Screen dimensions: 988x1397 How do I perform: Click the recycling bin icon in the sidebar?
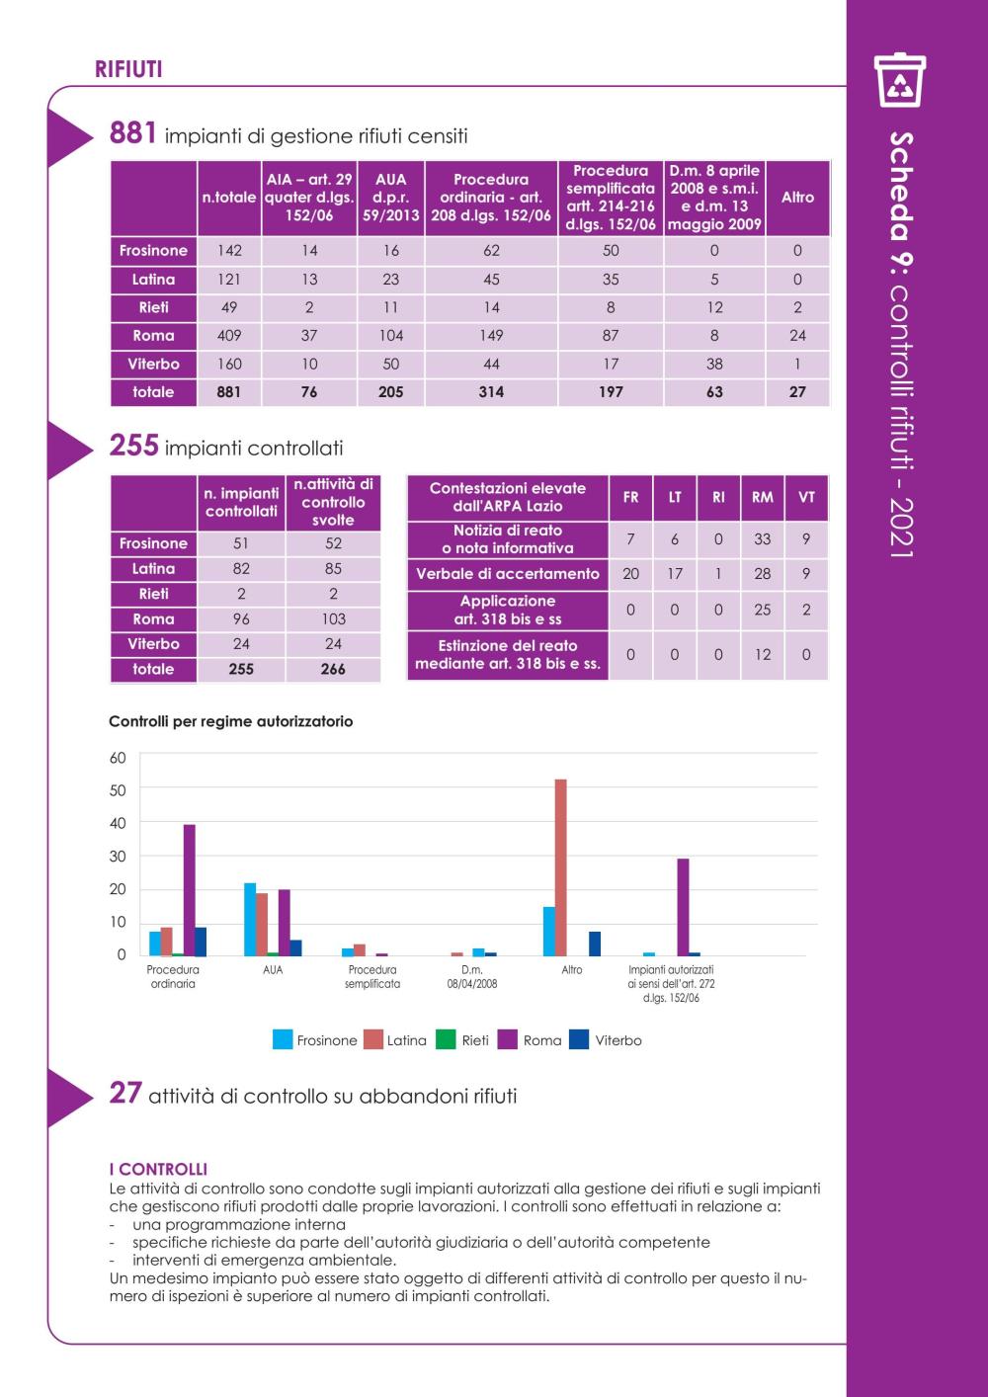(899, 80)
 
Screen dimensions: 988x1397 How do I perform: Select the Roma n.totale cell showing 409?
(229, 336)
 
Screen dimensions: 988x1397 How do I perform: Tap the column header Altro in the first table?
(797, 198)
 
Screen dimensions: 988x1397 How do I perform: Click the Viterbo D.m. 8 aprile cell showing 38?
(714, 365)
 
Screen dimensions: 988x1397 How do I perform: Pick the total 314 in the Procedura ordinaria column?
(491, 392)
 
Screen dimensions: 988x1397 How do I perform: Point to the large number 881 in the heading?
(132, 132)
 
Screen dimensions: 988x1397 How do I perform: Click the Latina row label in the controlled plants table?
(153, 569)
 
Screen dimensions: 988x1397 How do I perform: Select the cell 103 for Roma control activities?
(333, 619)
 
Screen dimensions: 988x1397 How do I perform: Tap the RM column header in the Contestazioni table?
(762, 497)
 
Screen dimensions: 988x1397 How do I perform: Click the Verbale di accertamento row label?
(507, 574)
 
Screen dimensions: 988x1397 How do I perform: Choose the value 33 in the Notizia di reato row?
(762, 539)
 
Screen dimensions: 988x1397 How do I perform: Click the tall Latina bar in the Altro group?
(561, 866)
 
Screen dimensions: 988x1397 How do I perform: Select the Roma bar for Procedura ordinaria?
(189, 890)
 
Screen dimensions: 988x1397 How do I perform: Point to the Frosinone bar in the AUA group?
(250, 919)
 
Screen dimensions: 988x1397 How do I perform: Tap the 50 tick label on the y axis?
(118, 790)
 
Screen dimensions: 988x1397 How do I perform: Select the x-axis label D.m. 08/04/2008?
(472, 977)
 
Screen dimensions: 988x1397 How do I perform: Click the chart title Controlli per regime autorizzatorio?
(231, 721)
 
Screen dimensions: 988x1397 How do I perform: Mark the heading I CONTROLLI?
(158, 1170)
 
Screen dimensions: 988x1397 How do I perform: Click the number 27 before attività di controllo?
(125, 1094)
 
